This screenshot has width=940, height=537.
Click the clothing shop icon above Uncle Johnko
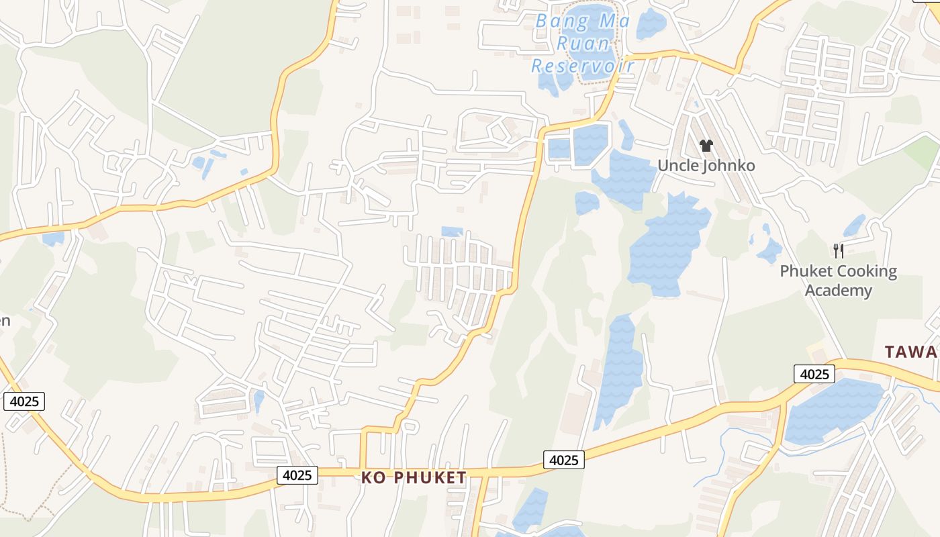(x=706, y=145)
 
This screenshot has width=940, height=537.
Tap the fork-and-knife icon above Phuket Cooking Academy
(x=838, y=251)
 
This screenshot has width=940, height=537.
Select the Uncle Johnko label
(x=706, y=166)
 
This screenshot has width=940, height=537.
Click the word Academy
(x=838, y=291)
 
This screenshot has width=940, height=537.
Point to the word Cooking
(x=865, y=272)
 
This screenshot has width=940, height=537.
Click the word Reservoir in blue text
(x=583, y=65)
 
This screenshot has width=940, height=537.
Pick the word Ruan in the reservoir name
(x=583, y=44)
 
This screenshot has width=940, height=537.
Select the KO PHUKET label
(x=414, y=477)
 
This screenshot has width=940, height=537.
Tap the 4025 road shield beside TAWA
(x=814, y=374)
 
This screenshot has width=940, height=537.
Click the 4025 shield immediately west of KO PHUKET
(x=297, y=475)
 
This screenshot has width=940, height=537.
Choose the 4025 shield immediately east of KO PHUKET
(x=563, y=460)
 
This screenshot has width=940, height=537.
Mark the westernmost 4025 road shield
(x=24, y=401)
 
